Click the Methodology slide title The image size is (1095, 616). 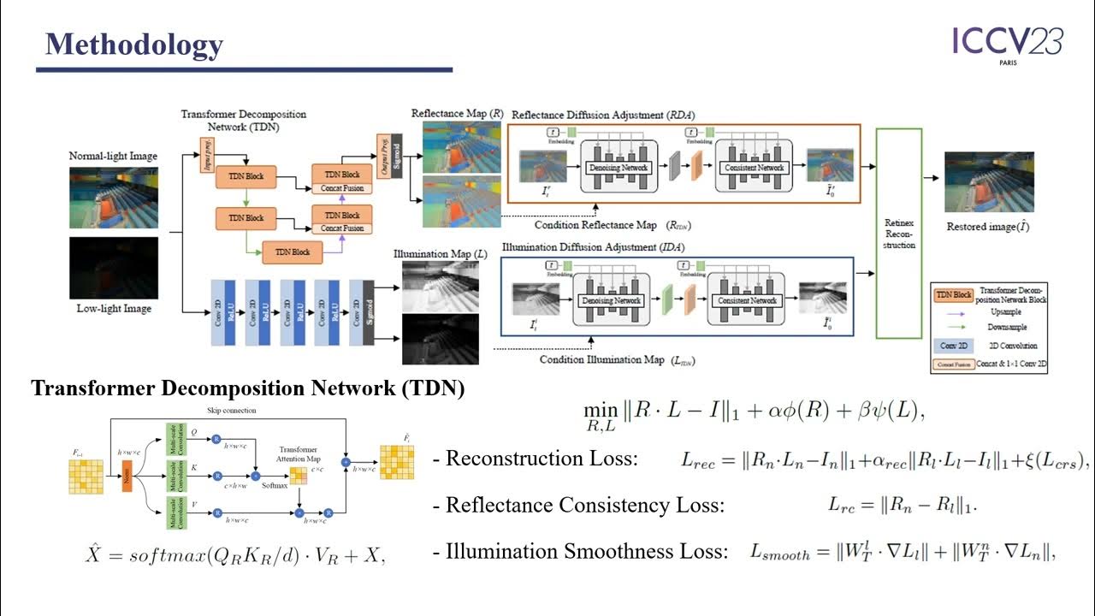[x=133, y=44]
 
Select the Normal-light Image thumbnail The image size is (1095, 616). [x=114, y=197]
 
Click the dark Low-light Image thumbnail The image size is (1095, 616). [x=114, y=268]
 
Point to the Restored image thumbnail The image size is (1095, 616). [x=989, y=182]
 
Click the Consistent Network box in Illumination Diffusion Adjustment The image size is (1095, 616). [x=743, y=300]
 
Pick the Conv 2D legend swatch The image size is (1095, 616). [x=953, y=346]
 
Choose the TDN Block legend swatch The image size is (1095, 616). [x=953, y=294]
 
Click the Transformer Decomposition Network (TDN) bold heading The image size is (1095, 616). [x=248, y=388]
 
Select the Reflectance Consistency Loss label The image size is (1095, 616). [x=584, y=505]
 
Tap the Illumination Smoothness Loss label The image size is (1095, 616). [x=586, y=551]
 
